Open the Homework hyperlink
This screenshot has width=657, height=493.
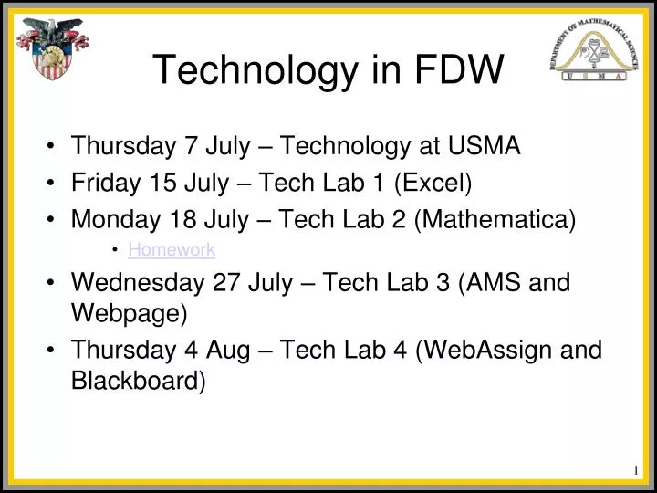pyautogui.click(x=171, y=248)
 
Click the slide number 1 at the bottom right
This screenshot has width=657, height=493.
pyautogui.click(x=635, y=470)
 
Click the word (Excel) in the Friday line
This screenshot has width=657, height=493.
pyautogui.click(x=433, y=184)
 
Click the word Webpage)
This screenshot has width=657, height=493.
pyautogui.click(x=129, y=315)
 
